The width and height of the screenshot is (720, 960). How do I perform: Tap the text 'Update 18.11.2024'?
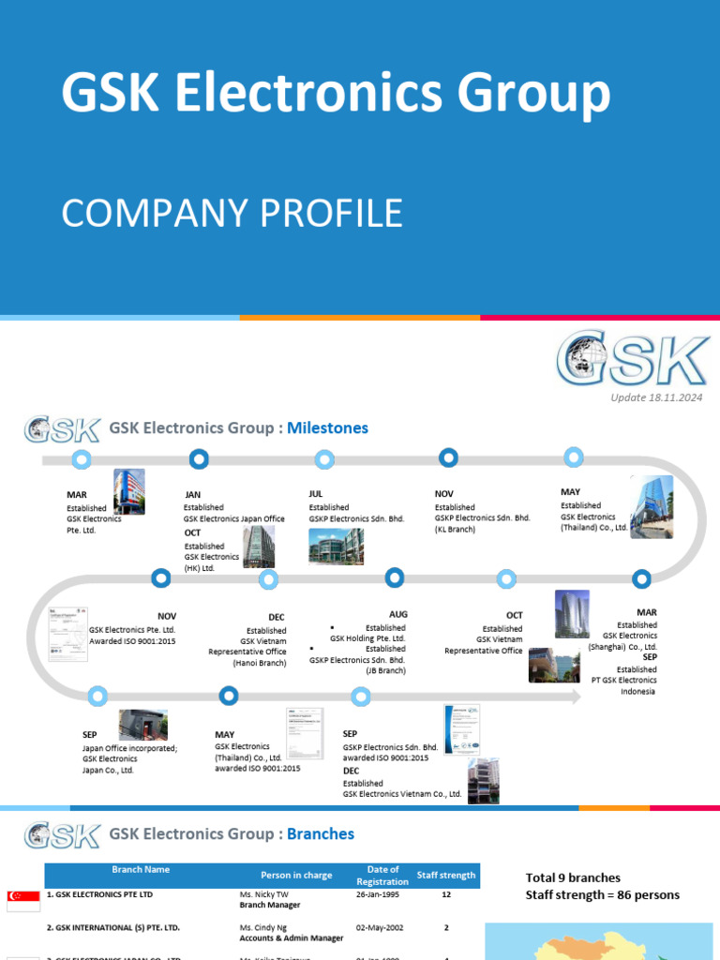[x=656, y=397]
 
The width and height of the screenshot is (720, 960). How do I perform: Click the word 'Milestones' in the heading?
[x=327, y=428]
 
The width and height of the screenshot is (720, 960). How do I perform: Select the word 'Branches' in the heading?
[x=321, y=833]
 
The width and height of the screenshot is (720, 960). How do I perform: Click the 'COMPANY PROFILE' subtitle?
[x=232, y=214]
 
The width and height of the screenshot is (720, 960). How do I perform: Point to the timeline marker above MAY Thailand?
[x=574, y=457]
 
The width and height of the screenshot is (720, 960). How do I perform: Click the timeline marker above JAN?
[x=199, y=458]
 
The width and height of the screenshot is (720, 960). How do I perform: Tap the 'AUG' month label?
[x=398, y=615]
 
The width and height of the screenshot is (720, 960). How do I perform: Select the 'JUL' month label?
[x=316, y=493]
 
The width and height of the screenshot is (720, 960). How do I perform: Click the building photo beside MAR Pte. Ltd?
[x=129, y=492]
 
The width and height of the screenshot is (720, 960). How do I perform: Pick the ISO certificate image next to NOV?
[x=68, y=634]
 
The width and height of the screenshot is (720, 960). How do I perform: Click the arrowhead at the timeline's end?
[x=573, y=697]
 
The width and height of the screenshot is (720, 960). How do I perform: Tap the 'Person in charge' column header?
[x=296, y=876]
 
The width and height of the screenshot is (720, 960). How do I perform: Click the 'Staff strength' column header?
[x=445, y=875]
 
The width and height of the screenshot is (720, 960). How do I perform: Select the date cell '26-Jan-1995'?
[x=377, y=894]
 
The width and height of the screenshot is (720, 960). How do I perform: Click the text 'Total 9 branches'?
[x=573, y=877]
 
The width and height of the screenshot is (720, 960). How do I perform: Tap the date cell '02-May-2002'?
[x=378, y=927]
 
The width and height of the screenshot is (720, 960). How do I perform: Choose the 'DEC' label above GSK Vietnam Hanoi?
[x=277, y=617]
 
